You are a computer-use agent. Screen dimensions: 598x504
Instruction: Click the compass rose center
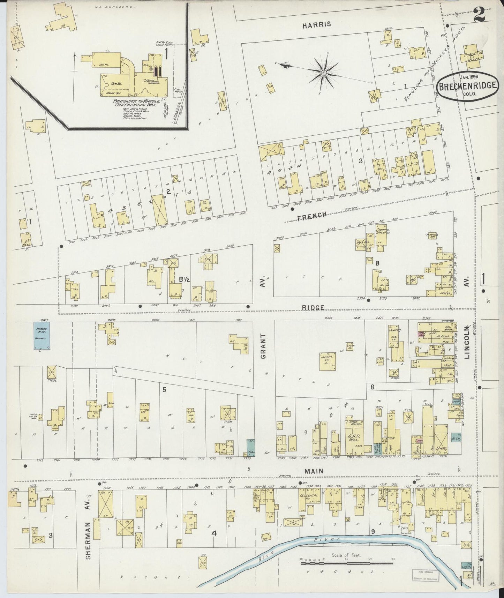coord(324,73)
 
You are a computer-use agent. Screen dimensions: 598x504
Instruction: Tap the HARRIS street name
coord(316,25)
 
